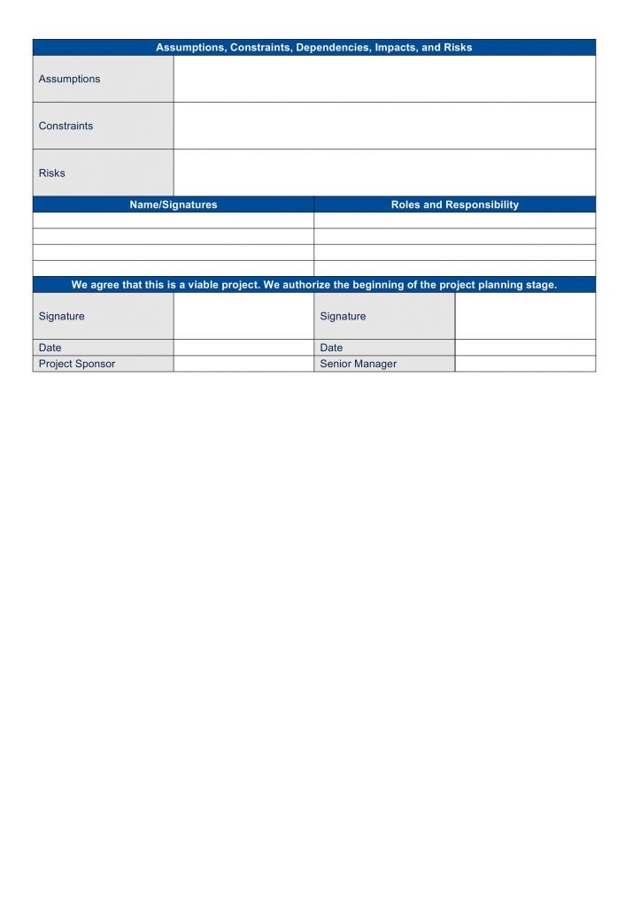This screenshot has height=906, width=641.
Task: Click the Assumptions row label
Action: tap(69, 79)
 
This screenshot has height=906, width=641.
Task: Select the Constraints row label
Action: tap(66, 126)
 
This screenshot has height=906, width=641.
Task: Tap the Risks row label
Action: tap(51, 173)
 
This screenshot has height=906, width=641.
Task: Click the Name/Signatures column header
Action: tap(174, 204)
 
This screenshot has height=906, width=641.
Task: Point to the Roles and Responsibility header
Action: tap(455, 204)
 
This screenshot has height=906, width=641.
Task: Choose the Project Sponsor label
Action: tap(77, 364)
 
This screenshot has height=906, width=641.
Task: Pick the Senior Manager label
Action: tap(359, 364)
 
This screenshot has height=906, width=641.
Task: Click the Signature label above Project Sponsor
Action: tap(62, 316)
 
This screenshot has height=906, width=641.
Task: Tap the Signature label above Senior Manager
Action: tap(343, 316)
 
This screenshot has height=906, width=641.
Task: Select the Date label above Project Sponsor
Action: tap(50, 348)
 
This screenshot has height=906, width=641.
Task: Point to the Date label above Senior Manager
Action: tap(331, 348)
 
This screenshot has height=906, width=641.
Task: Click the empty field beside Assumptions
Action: tap(384, 79)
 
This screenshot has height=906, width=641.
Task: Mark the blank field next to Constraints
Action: tap(384, 126)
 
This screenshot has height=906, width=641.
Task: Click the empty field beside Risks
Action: tap(384, 173)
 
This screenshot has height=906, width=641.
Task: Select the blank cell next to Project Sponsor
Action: tap(243, 364)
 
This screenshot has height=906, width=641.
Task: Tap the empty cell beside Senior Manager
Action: tap(525, 364)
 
